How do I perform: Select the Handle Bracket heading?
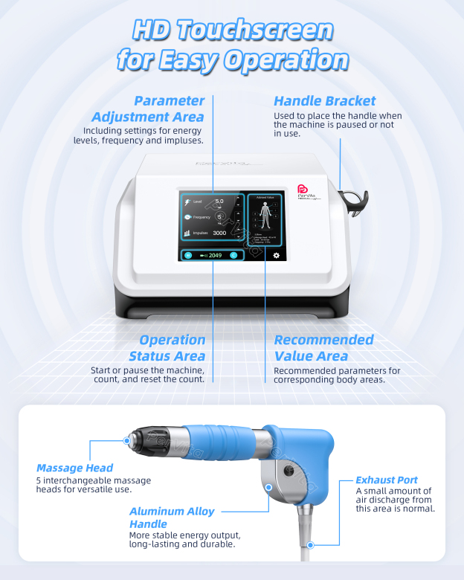324,101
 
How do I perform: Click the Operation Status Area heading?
172,348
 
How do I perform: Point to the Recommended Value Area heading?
323,348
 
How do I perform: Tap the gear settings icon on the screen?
276,255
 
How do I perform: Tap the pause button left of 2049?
188,255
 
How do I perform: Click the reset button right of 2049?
233,255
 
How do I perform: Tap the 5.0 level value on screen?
219,202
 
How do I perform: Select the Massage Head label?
74,468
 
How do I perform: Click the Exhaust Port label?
386,480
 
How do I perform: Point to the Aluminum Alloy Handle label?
172,518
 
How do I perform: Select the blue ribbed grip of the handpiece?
216,445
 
